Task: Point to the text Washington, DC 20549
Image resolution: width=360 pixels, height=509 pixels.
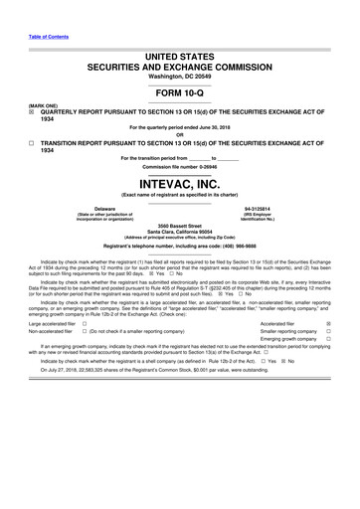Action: [x=179, y=75]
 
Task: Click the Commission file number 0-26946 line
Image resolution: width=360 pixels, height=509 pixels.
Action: [x=179, y=166]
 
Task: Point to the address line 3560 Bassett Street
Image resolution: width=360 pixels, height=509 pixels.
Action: [x=179, y=226]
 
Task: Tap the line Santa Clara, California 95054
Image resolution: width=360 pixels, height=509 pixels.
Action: [x=179, y=232]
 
